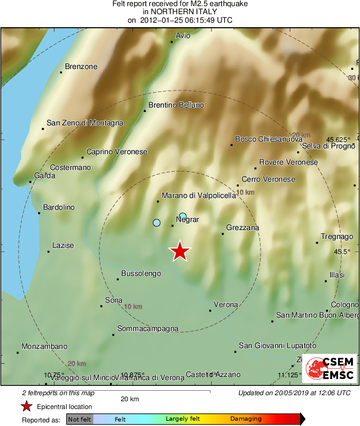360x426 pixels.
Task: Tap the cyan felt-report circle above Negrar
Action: pos(183,216)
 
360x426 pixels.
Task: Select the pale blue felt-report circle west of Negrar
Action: pos(157,222)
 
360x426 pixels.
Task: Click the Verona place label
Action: pos(226,305)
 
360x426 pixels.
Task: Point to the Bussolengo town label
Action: pos(141,273)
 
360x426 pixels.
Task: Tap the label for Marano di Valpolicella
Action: pos(199,196)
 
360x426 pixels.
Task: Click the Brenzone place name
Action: pos(81,67)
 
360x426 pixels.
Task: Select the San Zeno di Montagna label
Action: pos(85,123)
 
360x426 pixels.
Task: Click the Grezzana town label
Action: pos(243,228)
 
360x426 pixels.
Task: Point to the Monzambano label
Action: pos(44,346)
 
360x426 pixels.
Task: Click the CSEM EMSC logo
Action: pos(329,368)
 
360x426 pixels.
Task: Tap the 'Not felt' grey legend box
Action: pos(79,419)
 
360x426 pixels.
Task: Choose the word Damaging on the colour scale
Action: pos(246,419)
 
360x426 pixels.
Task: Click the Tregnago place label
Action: pos(337,237)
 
